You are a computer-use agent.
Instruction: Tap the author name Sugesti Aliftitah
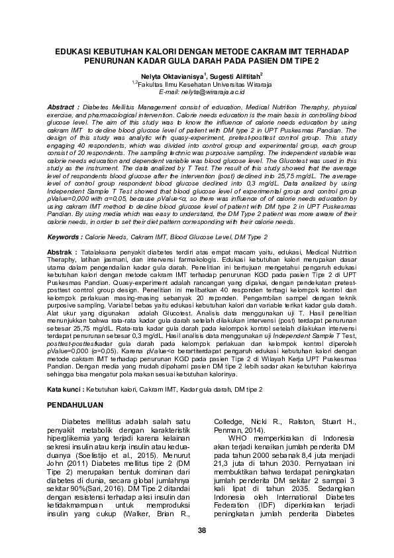pos(235,77)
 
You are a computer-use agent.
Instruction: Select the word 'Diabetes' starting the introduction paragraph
pos(77,421)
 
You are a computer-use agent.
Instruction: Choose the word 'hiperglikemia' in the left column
pos(74,437)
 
